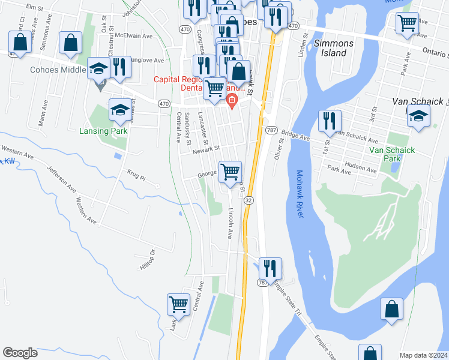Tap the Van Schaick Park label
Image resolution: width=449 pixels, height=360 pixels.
click(392, 154)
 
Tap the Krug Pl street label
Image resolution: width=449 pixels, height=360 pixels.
click(136, 176)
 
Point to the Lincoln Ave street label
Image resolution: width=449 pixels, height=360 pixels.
click(230, 224)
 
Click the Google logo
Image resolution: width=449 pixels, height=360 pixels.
click(20, 353)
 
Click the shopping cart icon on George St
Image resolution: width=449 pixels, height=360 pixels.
click(231, 172)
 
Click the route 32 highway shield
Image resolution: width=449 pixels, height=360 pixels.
click(249, 199)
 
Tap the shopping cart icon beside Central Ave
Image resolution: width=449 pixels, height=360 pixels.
click(179, 304)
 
